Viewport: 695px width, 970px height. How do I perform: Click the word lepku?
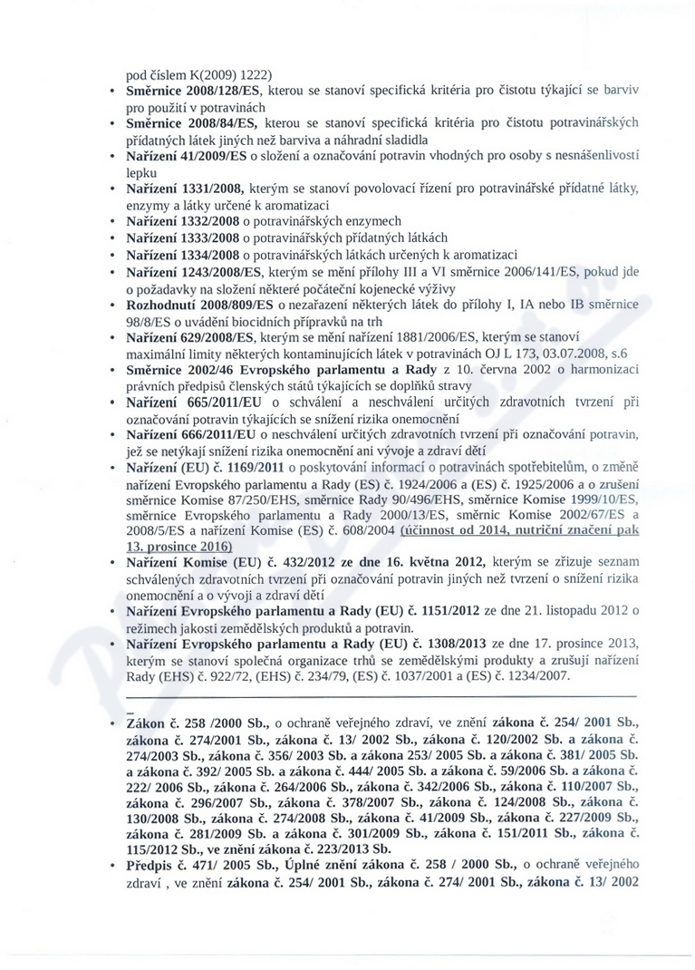(x=141, y=171)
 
